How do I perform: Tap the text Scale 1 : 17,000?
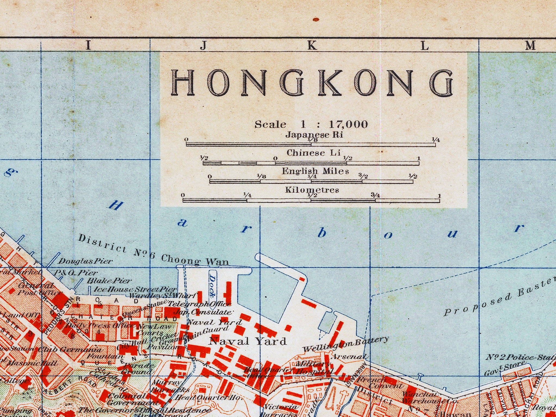pos(311,125)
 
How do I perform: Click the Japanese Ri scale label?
pos(314,135)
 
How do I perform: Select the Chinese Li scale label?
pos(313,153)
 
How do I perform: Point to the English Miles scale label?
pos(315,171)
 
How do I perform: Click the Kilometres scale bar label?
pos(312,190)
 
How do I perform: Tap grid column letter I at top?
pos(88,45)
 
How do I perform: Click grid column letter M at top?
pos(530,45)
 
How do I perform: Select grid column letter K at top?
pos(312,45)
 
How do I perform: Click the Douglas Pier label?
pos(85,261)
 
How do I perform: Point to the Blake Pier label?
pos(109,281)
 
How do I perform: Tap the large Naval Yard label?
pos(248,341)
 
